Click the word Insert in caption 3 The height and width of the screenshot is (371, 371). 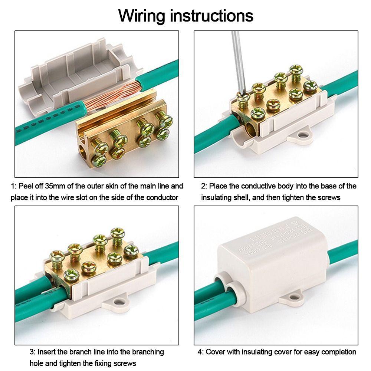[x=47, y=351]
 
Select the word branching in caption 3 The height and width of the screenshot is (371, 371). [x=147, y=351]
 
